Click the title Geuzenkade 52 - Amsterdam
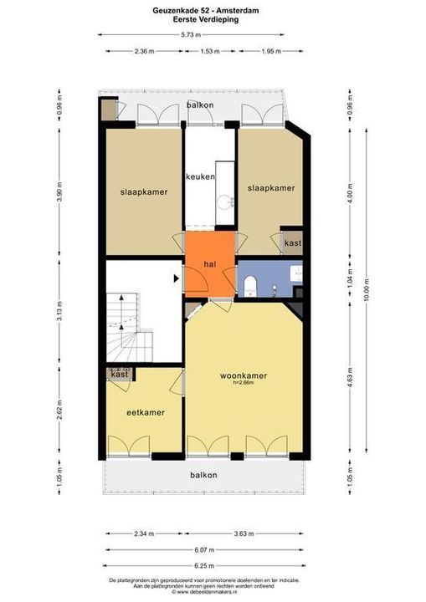click(213, 9)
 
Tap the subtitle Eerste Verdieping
click(213, 18)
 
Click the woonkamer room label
click(244, 375)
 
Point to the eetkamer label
click(145, 412)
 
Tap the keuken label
click(201, 177)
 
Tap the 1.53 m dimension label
click(209, 52)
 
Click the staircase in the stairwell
click(126, 330)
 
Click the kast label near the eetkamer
click(118, 375)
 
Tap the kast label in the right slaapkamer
click(292, 242)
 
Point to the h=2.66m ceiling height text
click(244, 385)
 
